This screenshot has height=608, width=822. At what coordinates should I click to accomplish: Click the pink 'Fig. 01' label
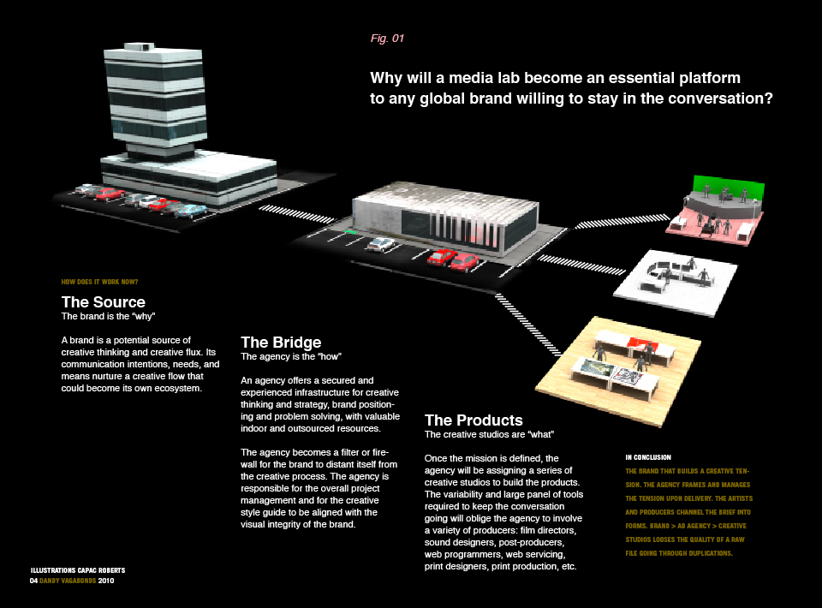point(386,39)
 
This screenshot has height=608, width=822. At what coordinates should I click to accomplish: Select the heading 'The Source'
point(103,302)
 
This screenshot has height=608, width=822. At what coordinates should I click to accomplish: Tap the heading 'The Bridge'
point(281,343)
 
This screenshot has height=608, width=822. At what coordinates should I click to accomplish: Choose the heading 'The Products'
point(474,420)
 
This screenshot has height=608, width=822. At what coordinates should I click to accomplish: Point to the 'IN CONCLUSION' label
point(648,457)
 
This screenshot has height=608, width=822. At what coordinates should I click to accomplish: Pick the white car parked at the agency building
point(381,245)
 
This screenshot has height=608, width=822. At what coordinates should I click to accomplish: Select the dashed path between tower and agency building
point(291,210)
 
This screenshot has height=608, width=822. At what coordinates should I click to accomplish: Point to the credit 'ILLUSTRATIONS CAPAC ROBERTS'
point(77,570)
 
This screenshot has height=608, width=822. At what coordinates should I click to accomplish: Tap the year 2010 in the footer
point(106,581)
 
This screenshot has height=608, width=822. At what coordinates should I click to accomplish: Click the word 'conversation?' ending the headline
point(724,98)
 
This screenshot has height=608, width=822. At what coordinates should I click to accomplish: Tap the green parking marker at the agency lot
point(349,232)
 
